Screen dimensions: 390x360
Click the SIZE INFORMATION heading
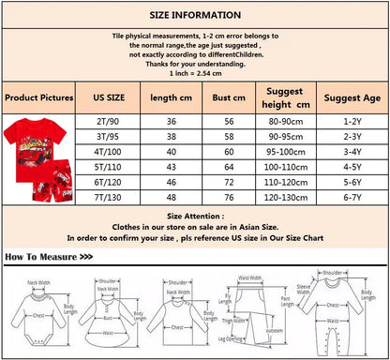194,16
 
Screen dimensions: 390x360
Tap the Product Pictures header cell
38,97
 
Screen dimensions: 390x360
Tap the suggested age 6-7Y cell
351,199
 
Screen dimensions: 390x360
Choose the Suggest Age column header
351,97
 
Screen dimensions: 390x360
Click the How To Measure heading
48,256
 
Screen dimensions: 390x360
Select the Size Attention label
195,215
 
